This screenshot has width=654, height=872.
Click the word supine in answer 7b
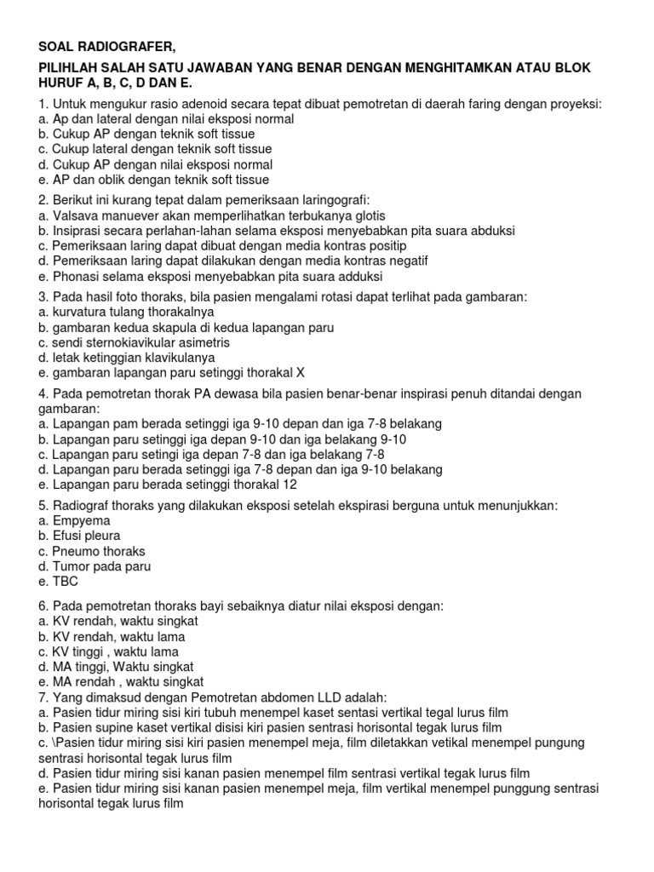pyautogui.click(x=118, y=727)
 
